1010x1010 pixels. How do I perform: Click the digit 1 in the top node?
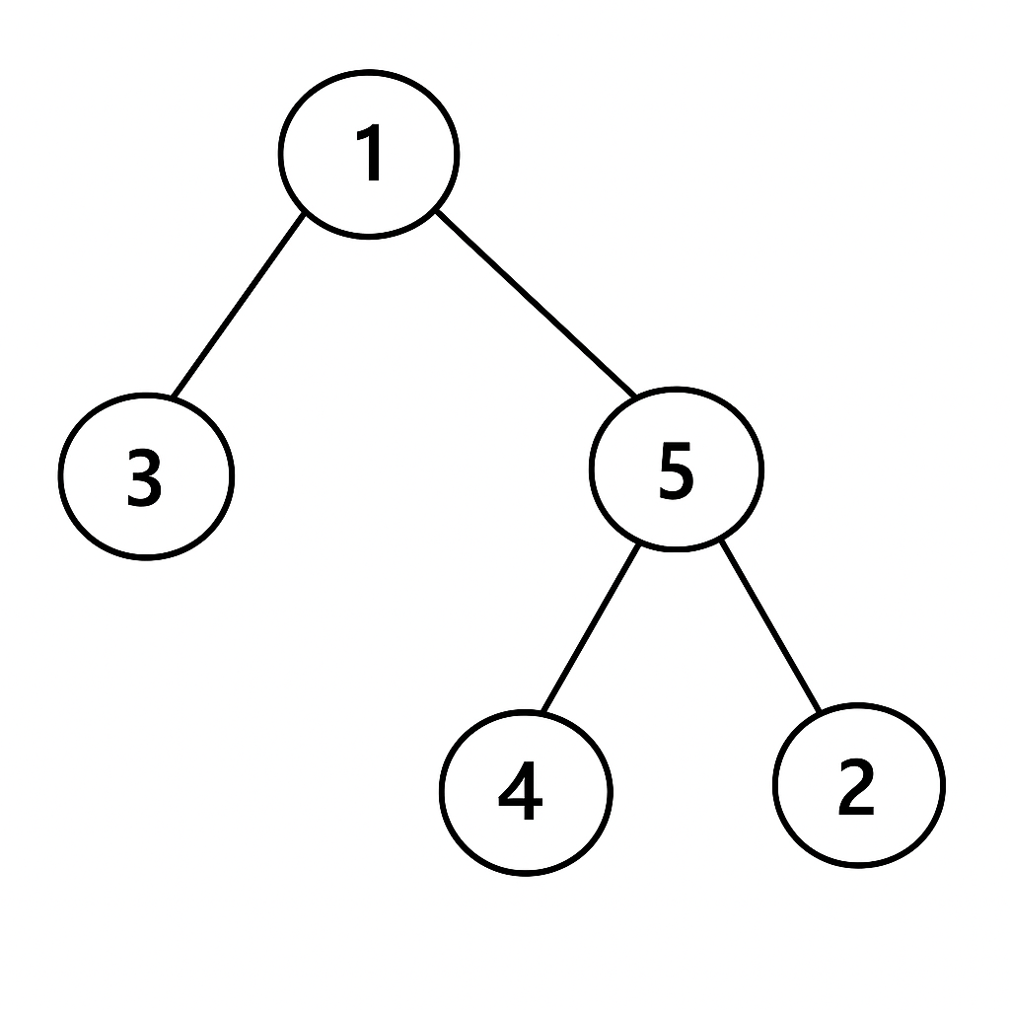(x=369, y=152)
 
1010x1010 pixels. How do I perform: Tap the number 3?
(x=144, y=477)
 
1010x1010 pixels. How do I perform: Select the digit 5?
(x=677, y=470)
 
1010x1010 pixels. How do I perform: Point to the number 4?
(x=521, y=790)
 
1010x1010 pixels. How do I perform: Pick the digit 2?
(x=856, y=786)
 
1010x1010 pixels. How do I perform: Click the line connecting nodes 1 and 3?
(x=239, y=304)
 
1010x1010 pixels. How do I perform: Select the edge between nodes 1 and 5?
(x=536, y=303)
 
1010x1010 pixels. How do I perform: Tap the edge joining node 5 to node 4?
(x=592, y=628)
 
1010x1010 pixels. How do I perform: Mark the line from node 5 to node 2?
(x=769, y=626)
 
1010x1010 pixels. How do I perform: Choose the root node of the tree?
(x=369, y=155)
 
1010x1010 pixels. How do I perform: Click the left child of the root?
(x=146, y=476)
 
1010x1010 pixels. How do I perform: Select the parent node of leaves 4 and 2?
(x=677, y=469)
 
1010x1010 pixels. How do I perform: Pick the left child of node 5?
(x=526, y=792)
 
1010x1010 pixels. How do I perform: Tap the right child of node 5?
(x=859, y=786)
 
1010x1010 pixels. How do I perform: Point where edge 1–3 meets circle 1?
(x=304, y=213)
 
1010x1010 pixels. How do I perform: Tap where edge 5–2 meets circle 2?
(x=820, y=711)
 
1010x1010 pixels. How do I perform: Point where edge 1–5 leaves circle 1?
(x=437, y=211)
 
